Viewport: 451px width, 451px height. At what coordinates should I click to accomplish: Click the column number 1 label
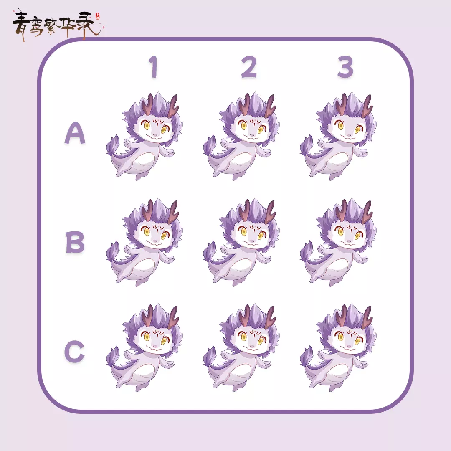pos(153,67)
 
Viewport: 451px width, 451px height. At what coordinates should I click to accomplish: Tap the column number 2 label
pos(248,67)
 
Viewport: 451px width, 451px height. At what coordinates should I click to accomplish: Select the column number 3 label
pos(345,67)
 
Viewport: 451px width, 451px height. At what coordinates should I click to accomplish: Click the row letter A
pos(75,133)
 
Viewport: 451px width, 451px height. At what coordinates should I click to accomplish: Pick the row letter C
pos(74,351)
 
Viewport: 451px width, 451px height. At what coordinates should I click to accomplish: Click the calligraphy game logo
pos(58,25)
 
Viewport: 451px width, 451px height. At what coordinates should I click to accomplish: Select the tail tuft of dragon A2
pos(209,145)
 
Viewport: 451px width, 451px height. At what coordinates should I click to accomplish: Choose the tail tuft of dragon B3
pos(306,251)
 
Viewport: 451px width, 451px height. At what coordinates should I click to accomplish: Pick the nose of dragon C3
pos(349,346)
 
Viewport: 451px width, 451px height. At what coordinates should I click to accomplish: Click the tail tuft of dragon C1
pos(112,356)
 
